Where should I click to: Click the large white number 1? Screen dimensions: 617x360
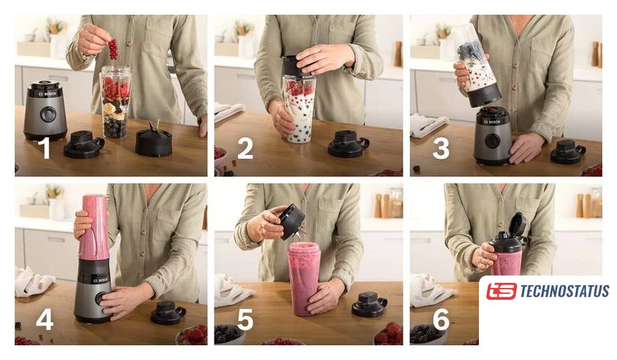[46, 148]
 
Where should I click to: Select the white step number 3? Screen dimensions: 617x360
[441, 148]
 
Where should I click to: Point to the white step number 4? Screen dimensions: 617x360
[45, 319]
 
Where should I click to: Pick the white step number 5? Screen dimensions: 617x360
[245, 319]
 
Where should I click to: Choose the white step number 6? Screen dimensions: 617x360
[441, 319]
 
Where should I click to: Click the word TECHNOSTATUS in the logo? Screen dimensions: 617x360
[564, 292]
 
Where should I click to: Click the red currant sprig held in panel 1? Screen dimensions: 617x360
[113, 48]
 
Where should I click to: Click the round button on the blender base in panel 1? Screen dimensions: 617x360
[47, 114]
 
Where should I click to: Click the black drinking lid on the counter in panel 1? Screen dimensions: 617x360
[84, 144]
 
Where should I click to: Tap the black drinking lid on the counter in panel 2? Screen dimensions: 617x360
[348, 143]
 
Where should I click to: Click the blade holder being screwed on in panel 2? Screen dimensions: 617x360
[298, 66]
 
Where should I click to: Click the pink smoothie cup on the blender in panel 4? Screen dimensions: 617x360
[94, 228]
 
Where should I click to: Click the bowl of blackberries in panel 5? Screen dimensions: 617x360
[229, 334]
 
